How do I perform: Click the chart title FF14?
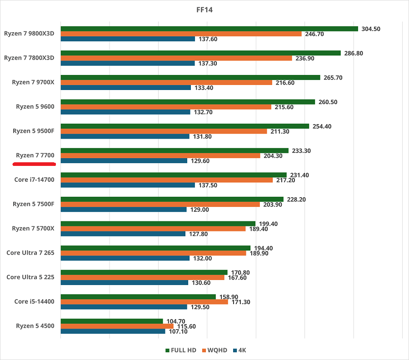(x=204, y=9)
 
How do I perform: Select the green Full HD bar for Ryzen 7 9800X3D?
(x=209, y=29)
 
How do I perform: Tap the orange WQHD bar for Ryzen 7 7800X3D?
(x=176, y=58)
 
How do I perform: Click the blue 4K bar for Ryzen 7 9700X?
(x=125, y=88)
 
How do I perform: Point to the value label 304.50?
(x=370, y=29)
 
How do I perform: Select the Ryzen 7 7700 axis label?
(x=35, y=155)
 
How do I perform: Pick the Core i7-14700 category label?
(x=34, y=180)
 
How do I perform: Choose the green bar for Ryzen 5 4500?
(x=111, y=321)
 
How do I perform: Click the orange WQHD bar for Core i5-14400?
(x=144, y=302)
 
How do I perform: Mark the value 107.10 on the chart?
(x=178, y=331)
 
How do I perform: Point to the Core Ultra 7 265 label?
(x=30, y=253)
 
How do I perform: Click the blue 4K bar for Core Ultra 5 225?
(x=124, y=283)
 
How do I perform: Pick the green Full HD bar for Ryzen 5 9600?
(x=188, y=102)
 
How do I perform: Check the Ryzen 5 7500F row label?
(x=33, y=204)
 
